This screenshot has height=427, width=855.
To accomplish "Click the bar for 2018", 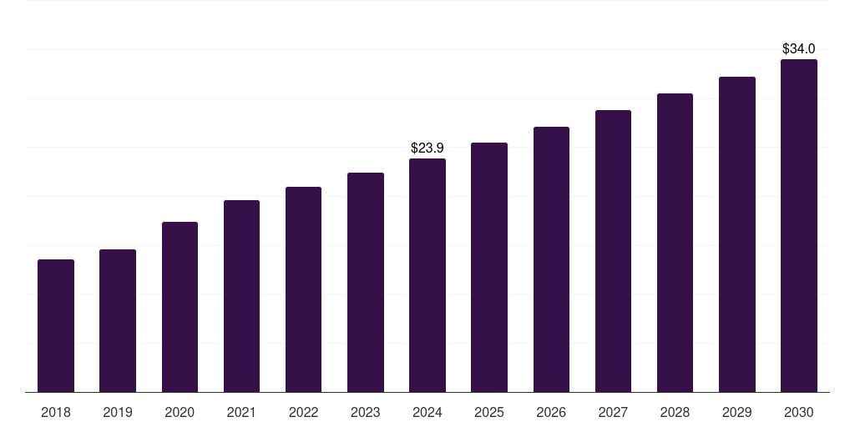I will click(x=56, y=326).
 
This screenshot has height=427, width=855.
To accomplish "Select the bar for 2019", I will click(x=118, y=321).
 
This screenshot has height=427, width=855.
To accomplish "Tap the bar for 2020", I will click(x=180, y=307).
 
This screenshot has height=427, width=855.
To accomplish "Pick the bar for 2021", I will click(x=241, y=296).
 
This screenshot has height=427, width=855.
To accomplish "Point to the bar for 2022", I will click(x=303, y=289).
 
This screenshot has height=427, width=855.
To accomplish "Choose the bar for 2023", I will click(x=366, y=283).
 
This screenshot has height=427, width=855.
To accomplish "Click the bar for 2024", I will click(x=427, y=275).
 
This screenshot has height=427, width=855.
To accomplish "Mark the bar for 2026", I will click(x=551, y=259).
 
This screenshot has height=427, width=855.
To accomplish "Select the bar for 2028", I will click(x=675, y=243).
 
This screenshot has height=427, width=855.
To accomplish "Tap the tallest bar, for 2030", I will click(x=798, y=226).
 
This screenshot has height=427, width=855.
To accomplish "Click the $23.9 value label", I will click(x=427, y=148).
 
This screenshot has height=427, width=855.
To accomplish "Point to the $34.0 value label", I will click(x=798, y=49).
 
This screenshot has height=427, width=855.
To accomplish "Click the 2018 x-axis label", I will click(x=56, y=412).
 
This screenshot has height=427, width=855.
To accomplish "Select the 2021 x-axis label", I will click(x=241, y=412).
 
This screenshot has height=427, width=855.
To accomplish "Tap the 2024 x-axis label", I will click(x=427, y=412).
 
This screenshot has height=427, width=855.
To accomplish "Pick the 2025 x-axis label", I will click(x=489, y=412).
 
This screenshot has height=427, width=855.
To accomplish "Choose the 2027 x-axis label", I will click(x=613, y=412).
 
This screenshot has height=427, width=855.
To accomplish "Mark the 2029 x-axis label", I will click(x=736, y=412).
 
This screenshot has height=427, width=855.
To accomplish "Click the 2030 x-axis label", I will click(x=798, y=412).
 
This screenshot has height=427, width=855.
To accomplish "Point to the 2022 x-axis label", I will click(x=303, y=412).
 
